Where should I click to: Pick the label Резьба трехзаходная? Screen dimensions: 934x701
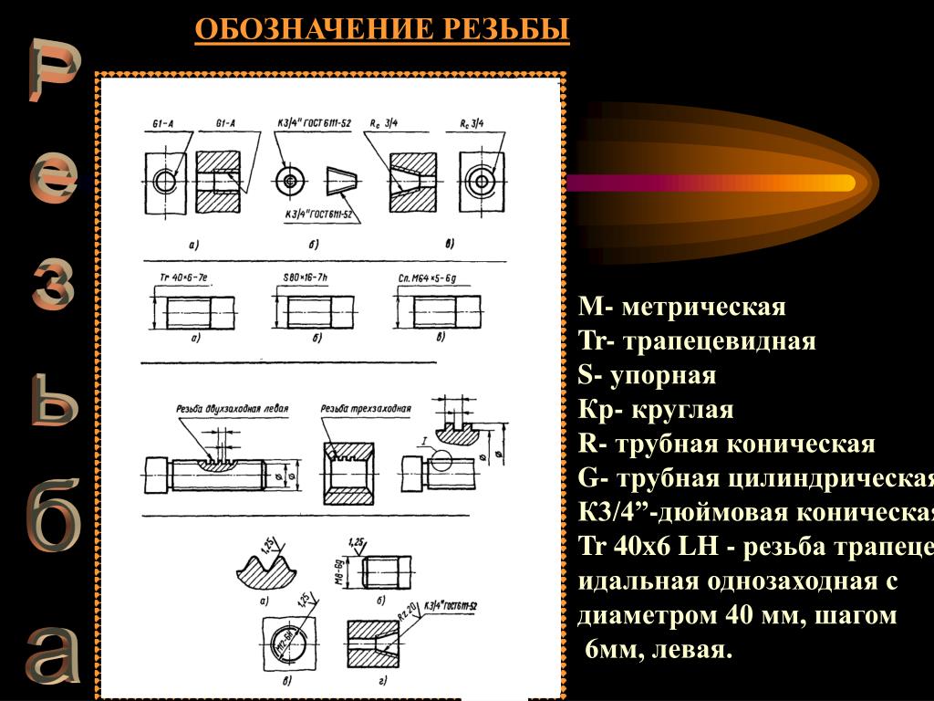[x=366, y=409]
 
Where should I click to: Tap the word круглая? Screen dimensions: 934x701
[x=680, y=410]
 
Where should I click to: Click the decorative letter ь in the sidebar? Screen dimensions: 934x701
[x=53, y=403]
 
